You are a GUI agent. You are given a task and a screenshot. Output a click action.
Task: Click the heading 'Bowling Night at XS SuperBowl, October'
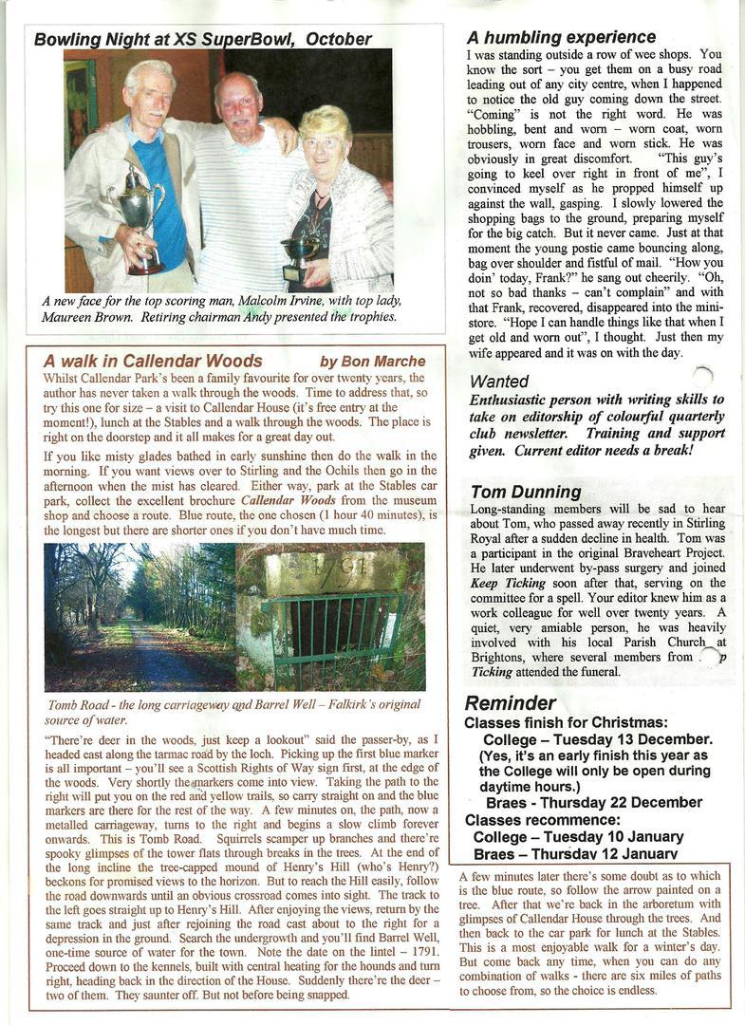pos(202,39)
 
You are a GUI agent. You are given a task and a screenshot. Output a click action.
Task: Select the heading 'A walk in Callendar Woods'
pos(153,362)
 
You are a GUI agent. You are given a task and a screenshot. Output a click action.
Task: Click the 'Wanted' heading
pos(499,382)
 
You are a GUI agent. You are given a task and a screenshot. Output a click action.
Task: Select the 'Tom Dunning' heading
pos(526,492)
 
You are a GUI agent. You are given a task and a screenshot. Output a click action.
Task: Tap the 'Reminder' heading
pos(510,703)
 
